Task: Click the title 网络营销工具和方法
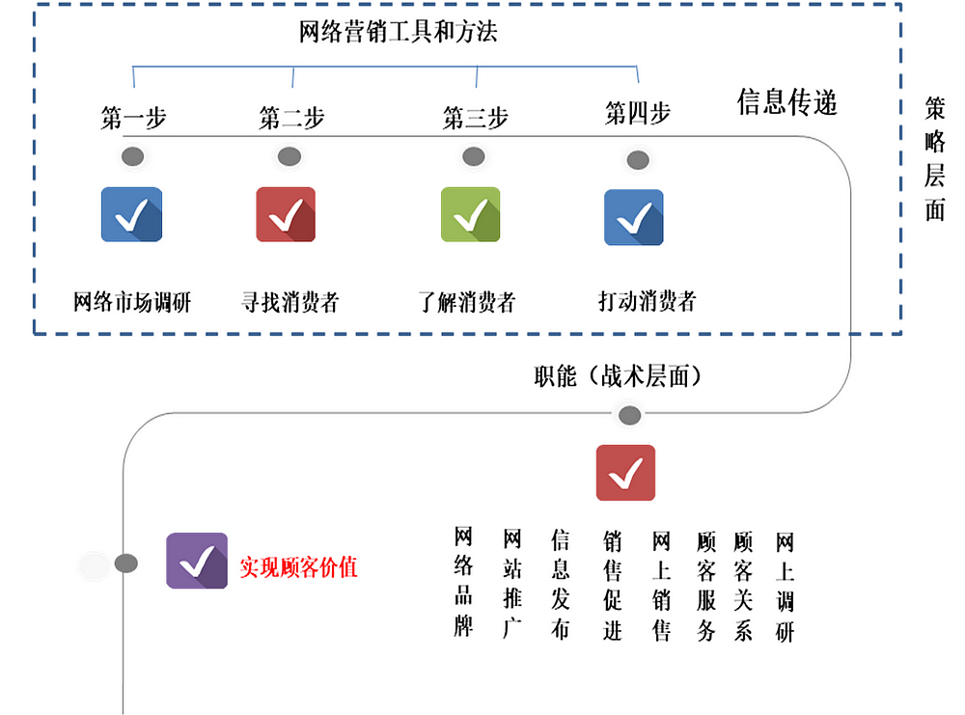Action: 398,32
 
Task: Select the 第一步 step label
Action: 133,118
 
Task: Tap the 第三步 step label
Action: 475,118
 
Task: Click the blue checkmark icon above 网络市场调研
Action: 131,214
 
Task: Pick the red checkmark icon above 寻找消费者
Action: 286,214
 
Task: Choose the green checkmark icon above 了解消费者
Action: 470,214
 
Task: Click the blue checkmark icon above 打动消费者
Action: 633,217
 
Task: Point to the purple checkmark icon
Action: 197,561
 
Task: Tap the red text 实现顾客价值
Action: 298,566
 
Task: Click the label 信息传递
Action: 787,102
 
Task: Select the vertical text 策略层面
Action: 934,158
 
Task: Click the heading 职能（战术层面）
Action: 618,376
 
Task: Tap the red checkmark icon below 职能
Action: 625,473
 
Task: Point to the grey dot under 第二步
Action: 289,156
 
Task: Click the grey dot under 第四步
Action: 638,160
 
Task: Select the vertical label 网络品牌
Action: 463,582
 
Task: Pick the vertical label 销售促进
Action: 613,586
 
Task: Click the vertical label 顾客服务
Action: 706,586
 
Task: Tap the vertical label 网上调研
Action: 785,587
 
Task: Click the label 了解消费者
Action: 466,301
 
